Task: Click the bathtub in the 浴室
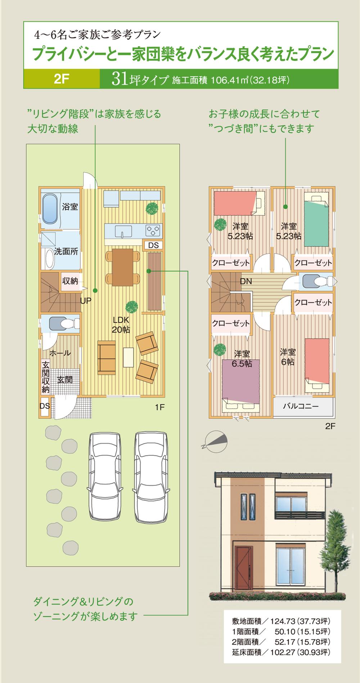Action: click(50, 209)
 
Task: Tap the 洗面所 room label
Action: click(66, 251)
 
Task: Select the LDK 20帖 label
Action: click(121, 324)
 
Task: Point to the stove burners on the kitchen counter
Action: click(153, 230)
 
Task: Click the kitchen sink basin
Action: click(123, 232)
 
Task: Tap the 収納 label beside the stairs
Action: click(70, 280)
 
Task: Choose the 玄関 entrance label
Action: click(65, 379)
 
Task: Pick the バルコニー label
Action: click(301, 406)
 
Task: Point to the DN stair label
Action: click(246, 281)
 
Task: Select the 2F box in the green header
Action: click(62, 79)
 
